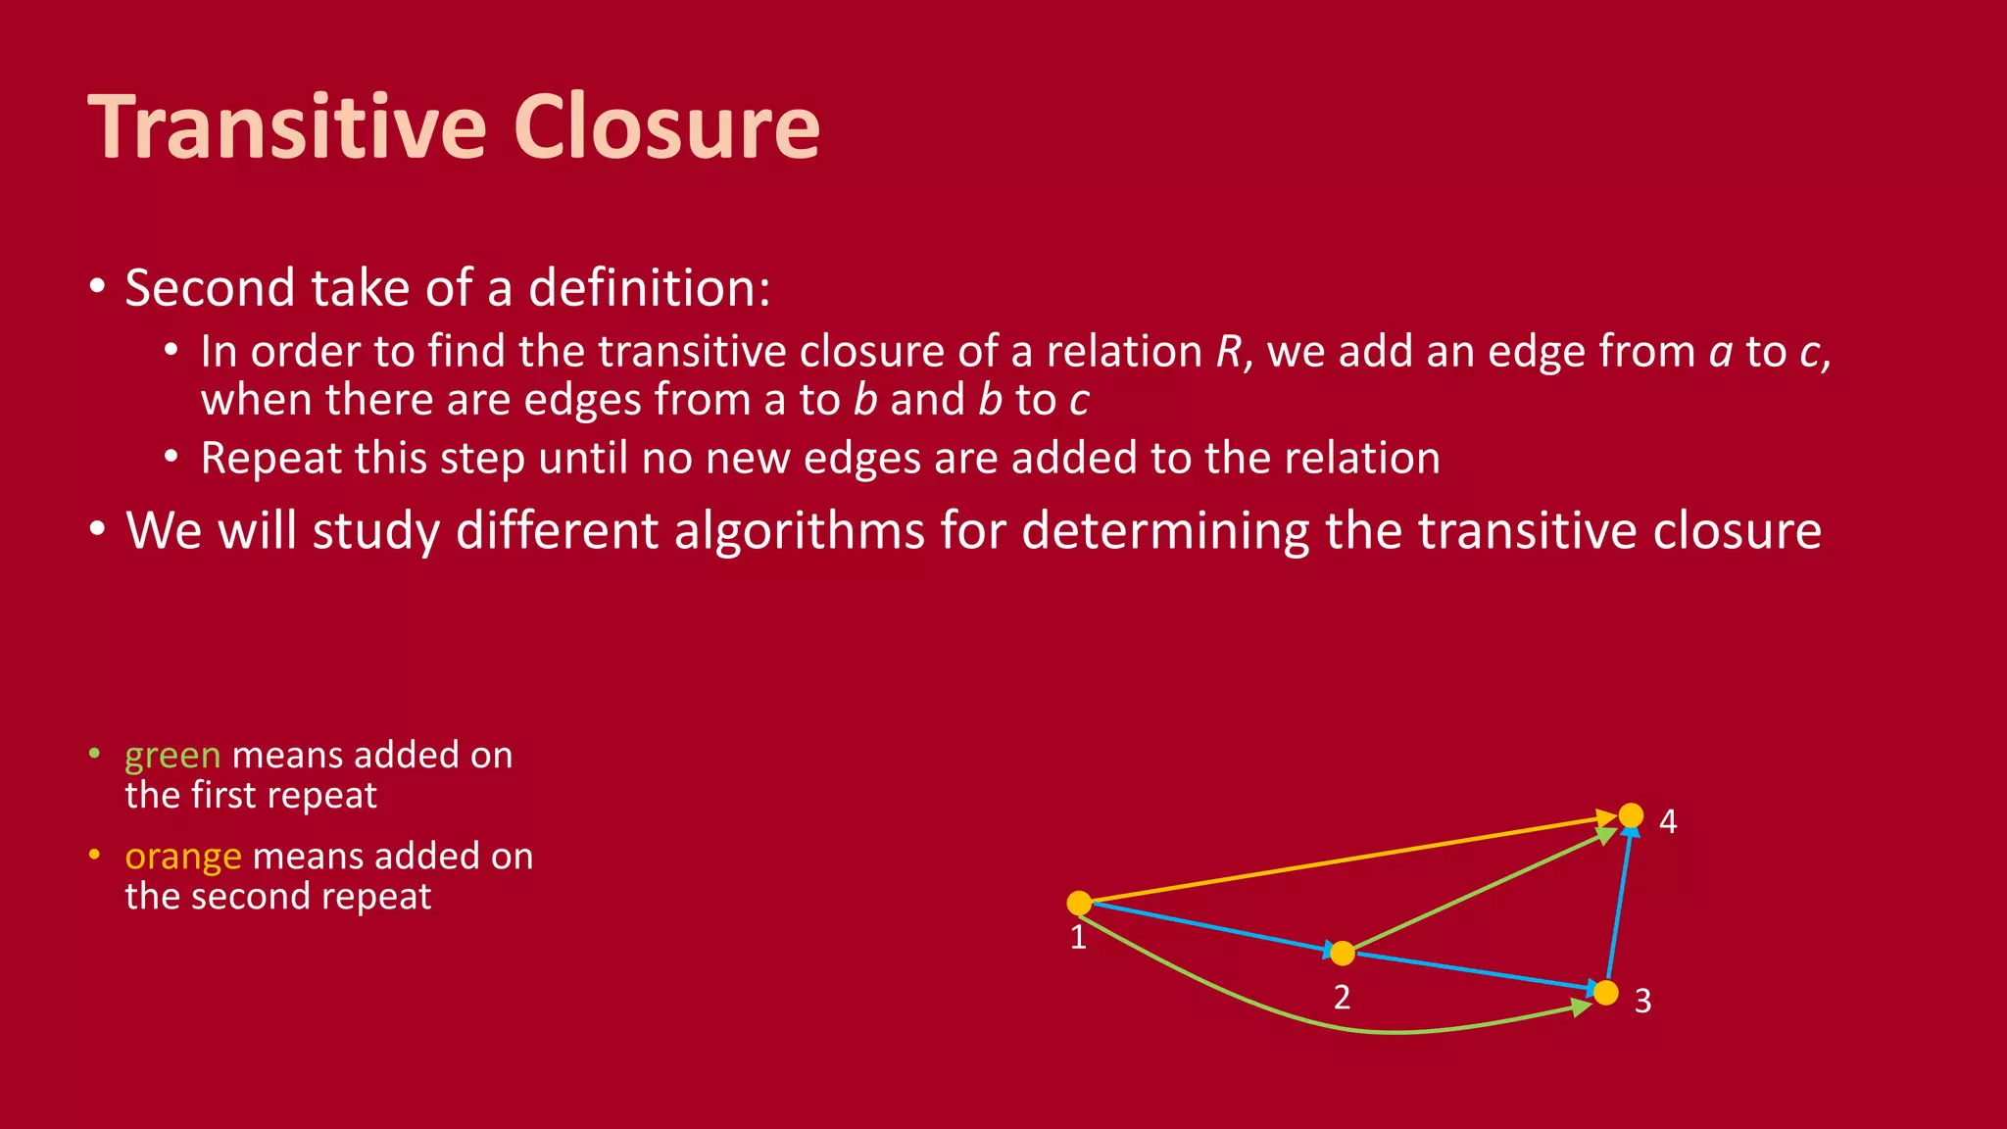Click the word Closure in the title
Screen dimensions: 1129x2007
[666, 126]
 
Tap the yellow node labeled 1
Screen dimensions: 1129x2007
[1079, 903]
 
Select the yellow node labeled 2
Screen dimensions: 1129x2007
[1343, 953]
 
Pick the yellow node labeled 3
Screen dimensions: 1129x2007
[1606, 993]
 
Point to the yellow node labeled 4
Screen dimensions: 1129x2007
[1631, 815]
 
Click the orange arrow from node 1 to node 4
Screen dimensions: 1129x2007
[1352, 859]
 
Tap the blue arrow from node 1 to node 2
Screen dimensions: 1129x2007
[1210, 927]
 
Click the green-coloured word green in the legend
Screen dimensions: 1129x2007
[172, 756]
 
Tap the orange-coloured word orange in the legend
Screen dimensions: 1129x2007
[183, 857]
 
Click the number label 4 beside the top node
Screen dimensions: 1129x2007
[1668, 821]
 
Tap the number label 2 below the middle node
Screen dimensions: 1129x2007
[1342, 998]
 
